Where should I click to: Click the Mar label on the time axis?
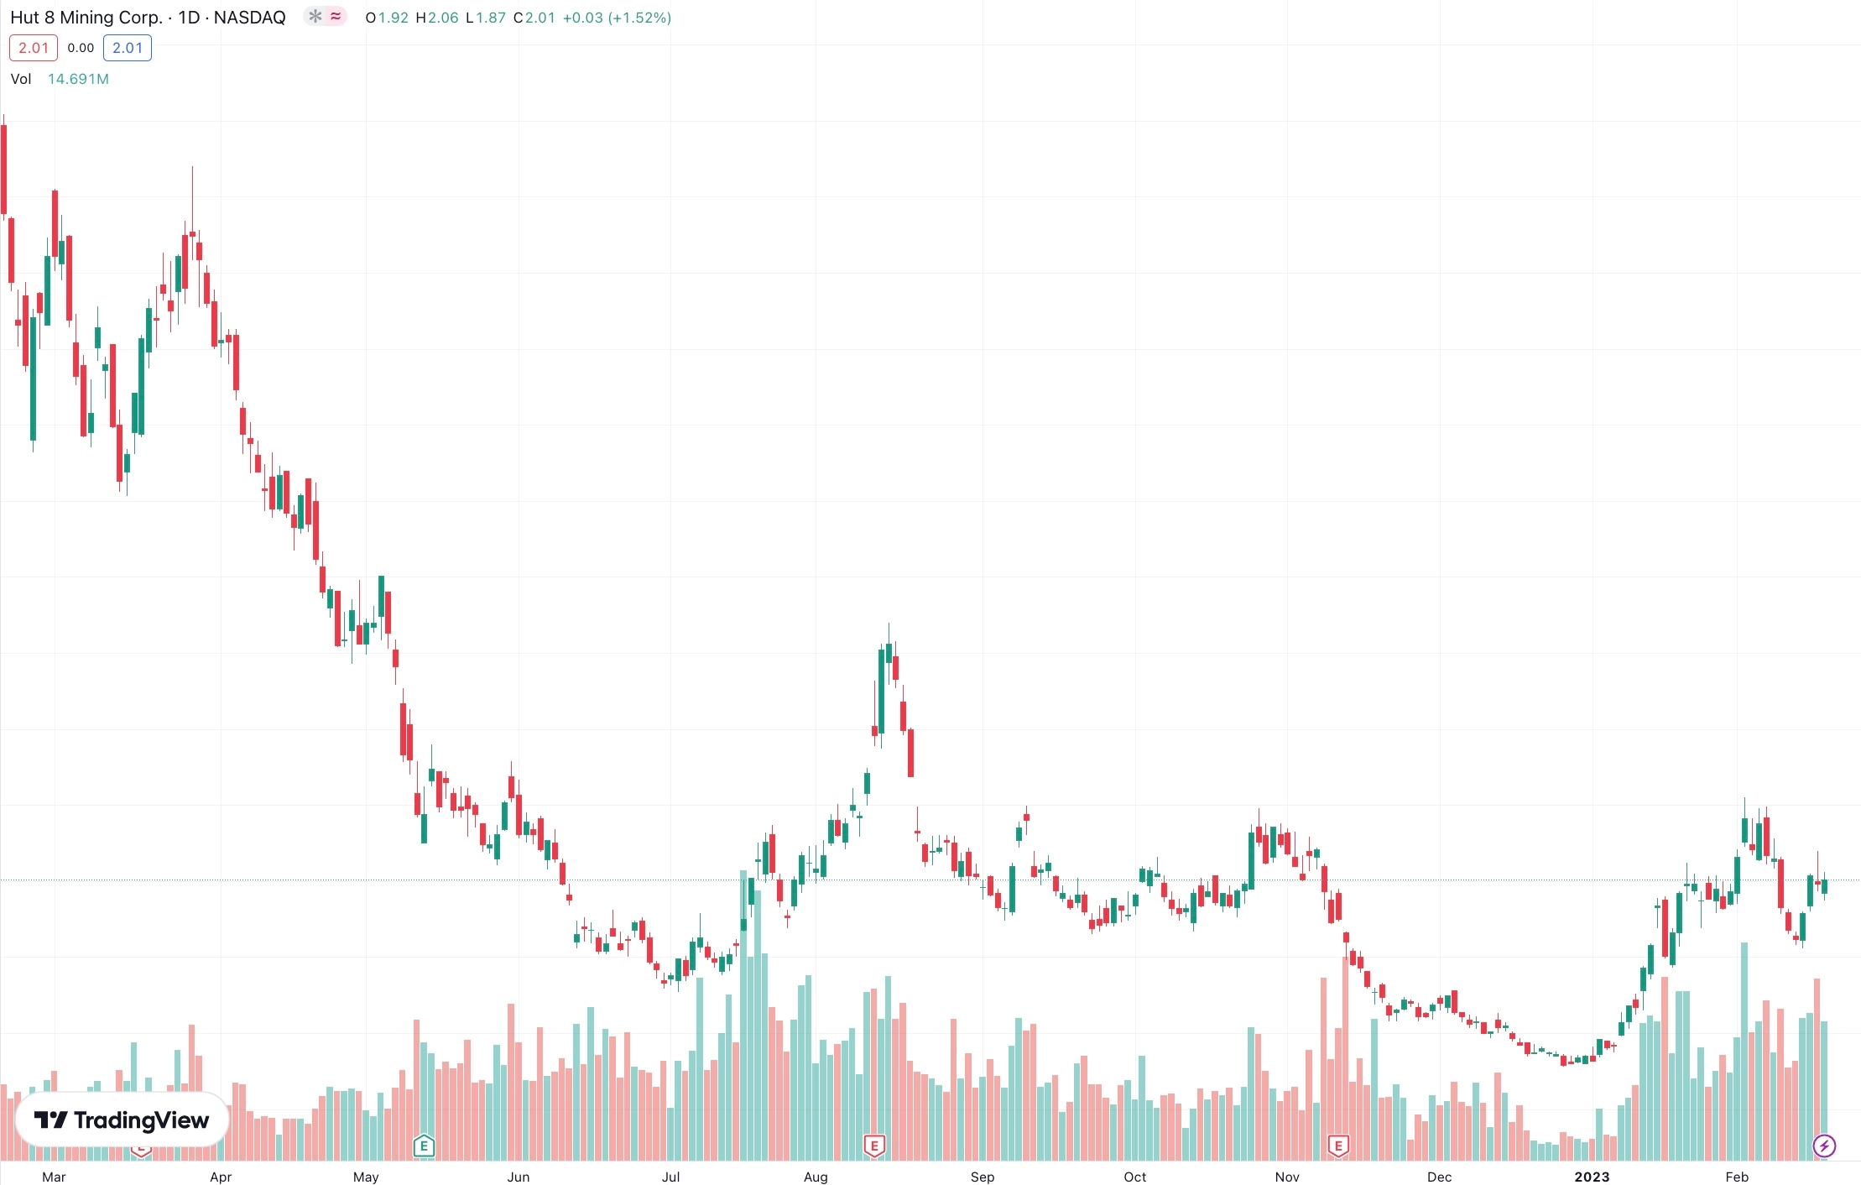click(x=54, y=1177)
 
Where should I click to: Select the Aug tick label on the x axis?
click(x=816, y=1177)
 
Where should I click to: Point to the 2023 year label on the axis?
click(x=1592, y=1177)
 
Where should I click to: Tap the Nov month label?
click(x=1287, y=1177)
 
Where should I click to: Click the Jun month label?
click(x=519, y=1177)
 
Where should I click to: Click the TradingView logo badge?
click(x=122, y=1120)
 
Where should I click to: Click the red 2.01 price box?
click(x=34, y=48)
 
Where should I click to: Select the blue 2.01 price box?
click(x=128, y=48)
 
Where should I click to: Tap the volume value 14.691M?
click(x=78, y=79)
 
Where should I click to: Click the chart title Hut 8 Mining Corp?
click(x=86, y=18)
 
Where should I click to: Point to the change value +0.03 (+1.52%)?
click(x=617, y=18)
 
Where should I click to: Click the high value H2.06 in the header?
click(x=437, y=18)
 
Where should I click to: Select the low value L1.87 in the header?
click(x=486, y=18)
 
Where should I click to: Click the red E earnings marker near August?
click(x=874, y=1146)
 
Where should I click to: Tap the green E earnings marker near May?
click(x=425, y=1146)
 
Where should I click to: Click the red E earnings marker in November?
click(x=1338, y=1146)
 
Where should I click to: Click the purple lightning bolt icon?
click(x=1824, y=1146)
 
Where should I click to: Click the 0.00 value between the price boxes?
click(x=81, y=48)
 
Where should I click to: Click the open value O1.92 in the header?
click(x=387, y=18)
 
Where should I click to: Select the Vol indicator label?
click(x=21, y=79)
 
